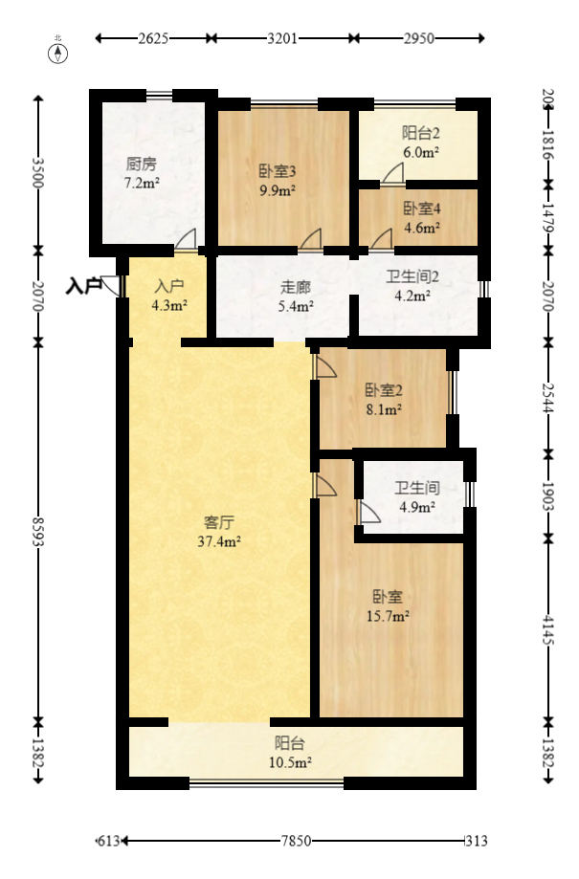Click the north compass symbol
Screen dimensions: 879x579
[x=58, y=52]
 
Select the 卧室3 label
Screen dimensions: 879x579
[x=278, y=171]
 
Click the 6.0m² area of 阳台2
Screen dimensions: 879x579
[x=421, y=151]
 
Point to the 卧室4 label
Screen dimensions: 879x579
[x=421, y=209]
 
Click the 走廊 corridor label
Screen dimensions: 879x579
[x=296, y=287]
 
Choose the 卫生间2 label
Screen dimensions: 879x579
[x=412, y=278]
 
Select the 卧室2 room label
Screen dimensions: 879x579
[x=383, y=390]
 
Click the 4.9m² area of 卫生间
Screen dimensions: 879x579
[x=416, y=507]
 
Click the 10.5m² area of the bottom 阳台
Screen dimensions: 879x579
[x=291, y=761]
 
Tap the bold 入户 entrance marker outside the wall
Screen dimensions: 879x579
[x=84, y=285]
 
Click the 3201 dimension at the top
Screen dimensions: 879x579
[x=283, y=39]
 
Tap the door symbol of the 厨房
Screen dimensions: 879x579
[x=188, y=240]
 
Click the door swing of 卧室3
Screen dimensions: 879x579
[x=311, y=239]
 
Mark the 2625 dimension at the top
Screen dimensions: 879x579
[x=153, y=39]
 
